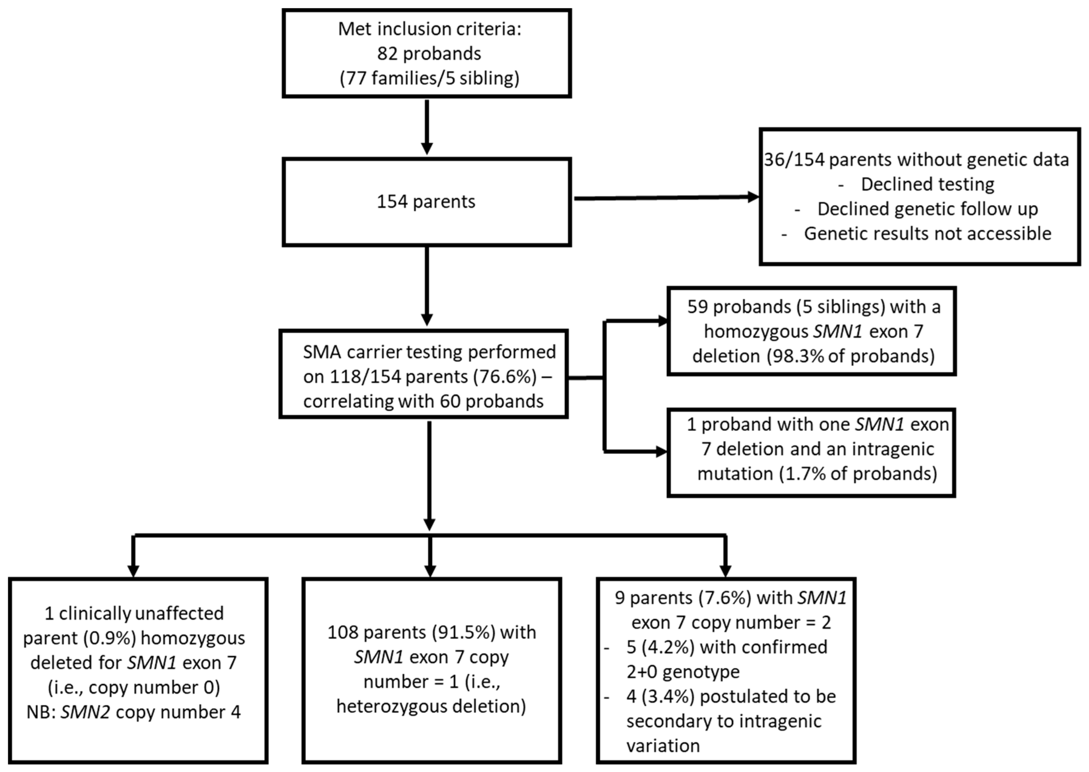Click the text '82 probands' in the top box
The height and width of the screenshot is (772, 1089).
429,54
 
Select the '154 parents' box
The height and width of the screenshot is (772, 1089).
427,202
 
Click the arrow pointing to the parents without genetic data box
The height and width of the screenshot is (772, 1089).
666,197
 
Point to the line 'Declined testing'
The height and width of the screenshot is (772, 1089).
927,185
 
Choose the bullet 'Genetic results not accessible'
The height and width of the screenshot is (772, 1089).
927,234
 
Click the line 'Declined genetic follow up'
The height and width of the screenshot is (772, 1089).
927,209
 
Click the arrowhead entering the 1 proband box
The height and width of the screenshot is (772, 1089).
661,452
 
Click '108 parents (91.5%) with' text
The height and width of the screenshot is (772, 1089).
431,632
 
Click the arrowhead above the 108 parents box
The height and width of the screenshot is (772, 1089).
430,571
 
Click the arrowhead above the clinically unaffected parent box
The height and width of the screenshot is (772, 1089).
134,571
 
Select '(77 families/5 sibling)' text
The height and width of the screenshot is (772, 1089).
429,78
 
